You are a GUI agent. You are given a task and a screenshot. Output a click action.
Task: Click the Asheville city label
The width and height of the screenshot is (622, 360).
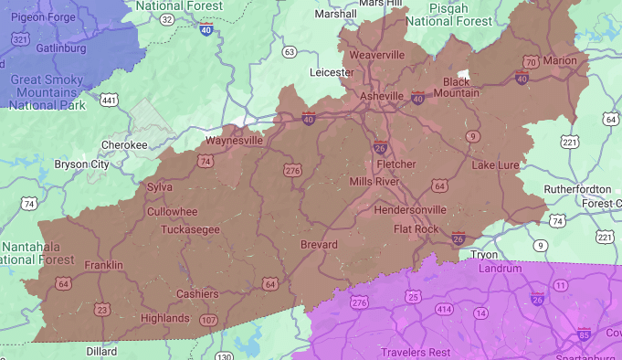coord(382,96)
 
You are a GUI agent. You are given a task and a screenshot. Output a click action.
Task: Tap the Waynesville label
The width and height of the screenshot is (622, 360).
coord(234,141)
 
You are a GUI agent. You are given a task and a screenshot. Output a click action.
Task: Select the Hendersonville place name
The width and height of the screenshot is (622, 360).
coord(411,209)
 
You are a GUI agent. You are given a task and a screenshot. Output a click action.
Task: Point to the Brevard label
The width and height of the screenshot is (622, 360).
coord(320,245)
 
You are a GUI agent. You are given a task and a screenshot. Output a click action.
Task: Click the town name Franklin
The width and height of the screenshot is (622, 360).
coord(103,265)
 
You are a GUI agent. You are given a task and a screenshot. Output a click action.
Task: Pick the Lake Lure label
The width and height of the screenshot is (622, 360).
coord(495,165)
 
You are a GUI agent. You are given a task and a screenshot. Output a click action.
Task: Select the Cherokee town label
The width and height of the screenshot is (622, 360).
coord(124,144)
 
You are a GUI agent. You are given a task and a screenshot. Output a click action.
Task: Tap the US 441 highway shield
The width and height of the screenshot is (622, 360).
coord(109,99)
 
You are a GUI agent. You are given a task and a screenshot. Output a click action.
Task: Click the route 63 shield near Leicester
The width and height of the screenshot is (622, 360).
coord(290,52)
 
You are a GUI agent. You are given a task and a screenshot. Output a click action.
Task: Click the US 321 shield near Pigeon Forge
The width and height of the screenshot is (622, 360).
coord(19,39)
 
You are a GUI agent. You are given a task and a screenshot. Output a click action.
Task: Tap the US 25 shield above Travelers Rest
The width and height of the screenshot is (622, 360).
coord(414,297)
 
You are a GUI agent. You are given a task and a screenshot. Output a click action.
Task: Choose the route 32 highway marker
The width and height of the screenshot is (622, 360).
coord(167,18)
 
